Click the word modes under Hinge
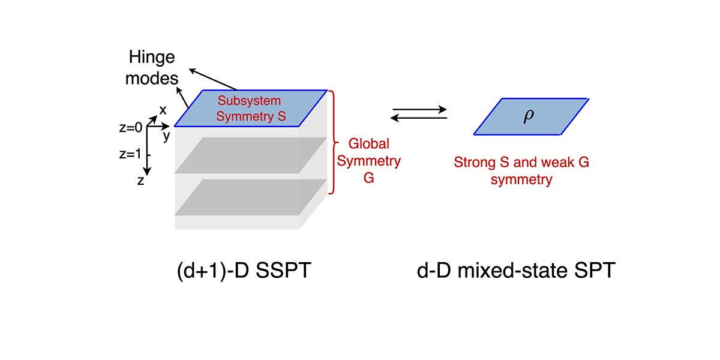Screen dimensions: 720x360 point(152,79)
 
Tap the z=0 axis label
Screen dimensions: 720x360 point(131,128)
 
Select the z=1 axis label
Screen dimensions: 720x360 point(130,154)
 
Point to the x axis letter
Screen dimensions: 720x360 point(163,110)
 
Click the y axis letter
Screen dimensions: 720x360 point(166,136)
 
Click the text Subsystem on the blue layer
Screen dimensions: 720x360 point(249,101)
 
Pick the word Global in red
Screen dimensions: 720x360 point(368,143)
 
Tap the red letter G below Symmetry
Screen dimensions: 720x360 point(368,178)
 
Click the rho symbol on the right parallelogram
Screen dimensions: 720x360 point(529,116)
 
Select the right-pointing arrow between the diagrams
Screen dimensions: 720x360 point(419,109)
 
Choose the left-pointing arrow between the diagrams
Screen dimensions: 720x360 point(419,118)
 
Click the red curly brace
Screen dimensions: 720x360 point(334,142)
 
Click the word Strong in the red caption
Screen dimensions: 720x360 point(475,163)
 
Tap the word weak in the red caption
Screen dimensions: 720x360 point(557,163)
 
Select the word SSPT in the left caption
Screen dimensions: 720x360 point(283,270)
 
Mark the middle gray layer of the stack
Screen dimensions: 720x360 point(251,155)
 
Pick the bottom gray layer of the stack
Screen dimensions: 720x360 point(251,197)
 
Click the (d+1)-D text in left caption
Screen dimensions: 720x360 point(213,271)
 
